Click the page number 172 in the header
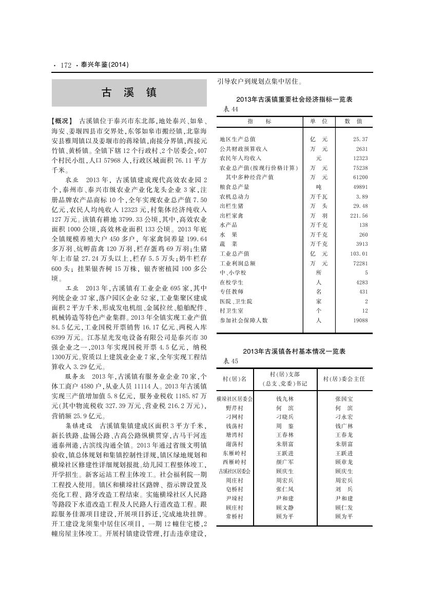click(x=65, y=65)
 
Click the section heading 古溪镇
click(x=129, y=93)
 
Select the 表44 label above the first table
click(x=231, y=109)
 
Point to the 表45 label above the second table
click(x=231, y=361)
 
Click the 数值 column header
click(x=353, y=121)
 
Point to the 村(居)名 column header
click(x=235, y=379)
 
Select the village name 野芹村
click(x=235, y=408)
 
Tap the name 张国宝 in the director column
click(x=343, y=398)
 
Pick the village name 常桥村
click(x=235, y=516)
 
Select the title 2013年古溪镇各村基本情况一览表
click(x=294, y=352)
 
